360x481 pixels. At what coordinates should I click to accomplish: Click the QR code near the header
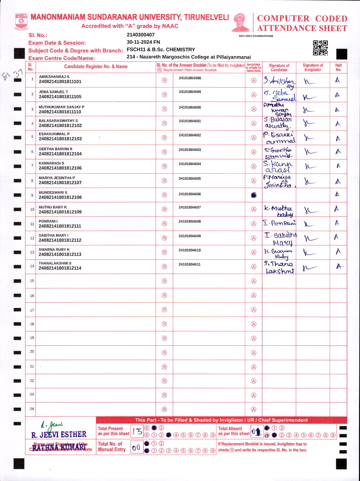tap(320, 48)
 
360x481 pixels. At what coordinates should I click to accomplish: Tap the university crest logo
tap(21, 21)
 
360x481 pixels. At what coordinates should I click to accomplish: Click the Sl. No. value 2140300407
tap(141, 35)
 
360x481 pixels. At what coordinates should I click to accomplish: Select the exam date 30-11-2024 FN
tap(143, 42)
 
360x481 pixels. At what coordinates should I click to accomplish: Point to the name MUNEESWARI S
tap(53, 192)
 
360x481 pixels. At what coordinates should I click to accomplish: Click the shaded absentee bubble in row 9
tap(254, 195)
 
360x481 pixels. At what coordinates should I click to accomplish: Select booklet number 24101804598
tap(190, 78)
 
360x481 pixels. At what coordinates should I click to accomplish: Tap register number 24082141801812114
tap(60, 268)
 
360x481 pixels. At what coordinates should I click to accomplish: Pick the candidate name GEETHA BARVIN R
tap(56, 149)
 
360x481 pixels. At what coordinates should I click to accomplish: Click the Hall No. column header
tap(338, 67)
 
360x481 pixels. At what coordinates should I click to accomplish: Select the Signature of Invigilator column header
tap(313, 67)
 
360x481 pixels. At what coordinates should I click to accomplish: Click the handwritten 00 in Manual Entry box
tap(136, 448)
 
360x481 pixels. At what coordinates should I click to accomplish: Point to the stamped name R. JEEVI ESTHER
tap(59, 435)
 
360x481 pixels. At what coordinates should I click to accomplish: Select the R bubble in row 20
tap(164, 353)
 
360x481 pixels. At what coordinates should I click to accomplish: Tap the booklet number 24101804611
tap(190, 264)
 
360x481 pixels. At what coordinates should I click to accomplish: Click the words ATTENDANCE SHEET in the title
tap(302, 28)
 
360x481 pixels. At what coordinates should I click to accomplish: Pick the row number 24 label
tap(32, 409)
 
